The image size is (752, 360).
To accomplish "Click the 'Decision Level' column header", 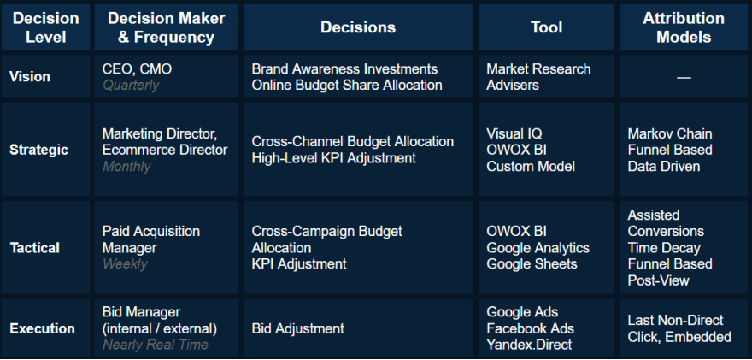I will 46,27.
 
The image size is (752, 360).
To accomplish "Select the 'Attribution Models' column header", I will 683,27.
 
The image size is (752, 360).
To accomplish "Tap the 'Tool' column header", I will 546,27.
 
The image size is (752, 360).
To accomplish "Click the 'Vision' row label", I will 30,77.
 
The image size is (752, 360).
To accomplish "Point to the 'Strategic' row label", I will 38,150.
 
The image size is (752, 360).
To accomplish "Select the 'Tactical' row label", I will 35,248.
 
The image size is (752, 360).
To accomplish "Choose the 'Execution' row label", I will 42,328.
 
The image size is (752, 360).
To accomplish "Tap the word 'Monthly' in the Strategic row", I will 126,167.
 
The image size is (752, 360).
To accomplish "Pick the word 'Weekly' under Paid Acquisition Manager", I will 125,264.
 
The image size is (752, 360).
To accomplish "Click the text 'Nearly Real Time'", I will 155,345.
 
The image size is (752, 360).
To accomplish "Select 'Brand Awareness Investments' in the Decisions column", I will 344,68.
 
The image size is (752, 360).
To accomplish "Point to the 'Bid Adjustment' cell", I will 298,328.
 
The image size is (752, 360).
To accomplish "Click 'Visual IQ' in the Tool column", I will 514,134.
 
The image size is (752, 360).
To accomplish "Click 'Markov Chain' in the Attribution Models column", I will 669,134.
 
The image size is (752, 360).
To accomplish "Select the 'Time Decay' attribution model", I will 664,248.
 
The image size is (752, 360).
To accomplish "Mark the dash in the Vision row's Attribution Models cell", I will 684,77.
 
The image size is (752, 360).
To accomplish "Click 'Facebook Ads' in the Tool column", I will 530,328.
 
